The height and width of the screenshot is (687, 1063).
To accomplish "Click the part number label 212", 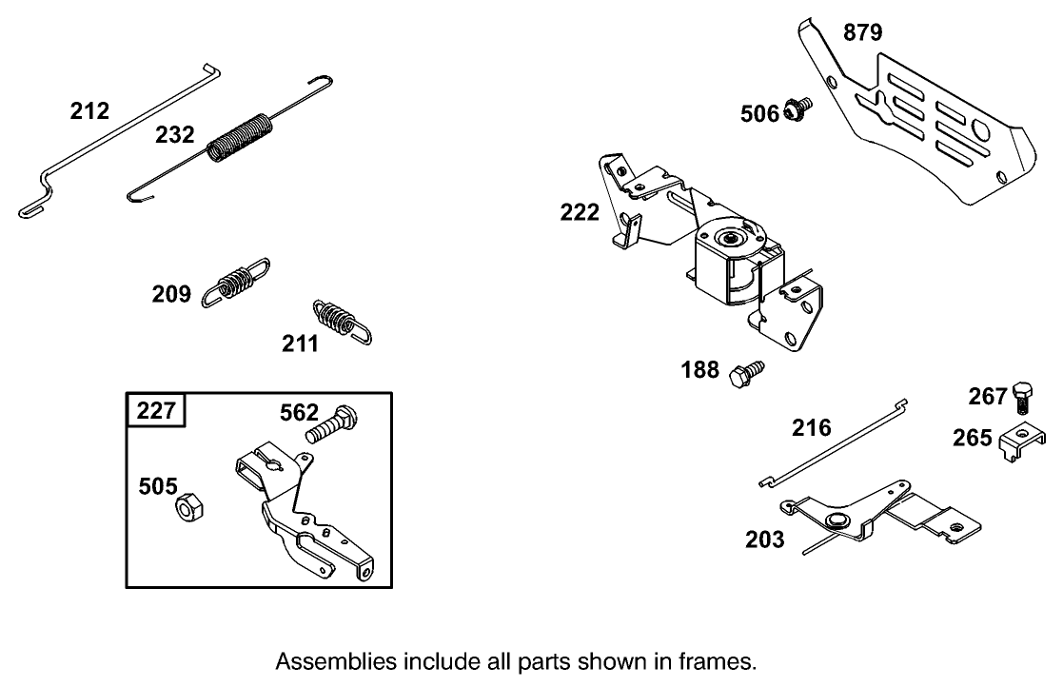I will pos(89,111).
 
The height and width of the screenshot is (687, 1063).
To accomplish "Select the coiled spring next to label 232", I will pos(238,140).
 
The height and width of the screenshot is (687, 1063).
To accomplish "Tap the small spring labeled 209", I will pos(235,283).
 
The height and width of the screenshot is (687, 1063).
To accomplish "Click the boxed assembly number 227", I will pos(157,411).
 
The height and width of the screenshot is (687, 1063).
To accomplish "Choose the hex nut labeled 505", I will pos(185,507).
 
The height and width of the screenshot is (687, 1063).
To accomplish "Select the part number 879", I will pos(862,33).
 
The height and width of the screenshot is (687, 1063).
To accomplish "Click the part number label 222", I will pos(580,211).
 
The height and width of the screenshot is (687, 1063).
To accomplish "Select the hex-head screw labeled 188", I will pos(745,372).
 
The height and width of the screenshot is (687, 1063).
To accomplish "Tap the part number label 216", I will pos(812,427).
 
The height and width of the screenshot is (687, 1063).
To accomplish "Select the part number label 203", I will pos(765,540).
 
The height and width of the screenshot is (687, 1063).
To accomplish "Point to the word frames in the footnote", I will pos(725,661).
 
